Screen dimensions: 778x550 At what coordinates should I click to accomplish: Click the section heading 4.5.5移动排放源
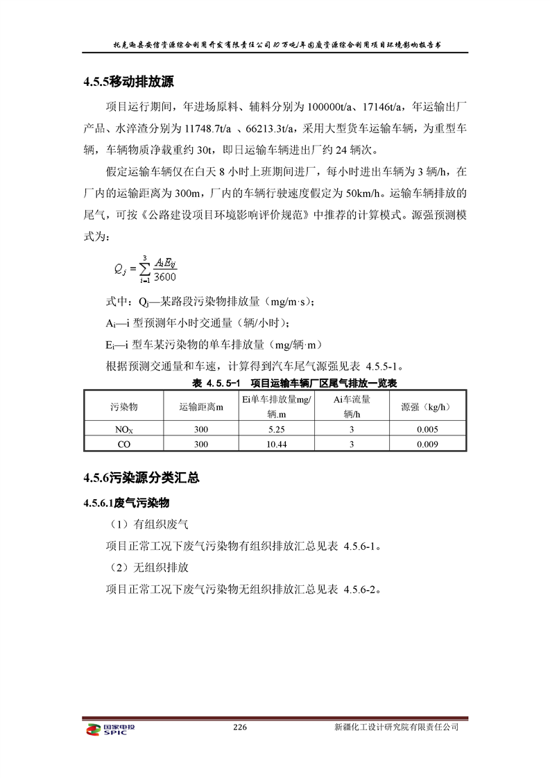click(128, 82)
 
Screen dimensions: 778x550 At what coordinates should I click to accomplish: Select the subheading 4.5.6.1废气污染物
click(127, 502)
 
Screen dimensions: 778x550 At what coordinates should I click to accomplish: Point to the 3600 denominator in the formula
click(165, 277)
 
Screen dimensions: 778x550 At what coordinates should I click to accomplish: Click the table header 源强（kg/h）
click(427, 406)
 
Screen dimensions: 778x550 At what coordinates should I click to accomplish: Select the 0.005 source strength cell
click(427, 429)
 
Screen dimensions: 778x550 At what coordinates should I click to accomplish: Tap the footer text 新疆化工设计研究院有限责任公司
click(396, 727)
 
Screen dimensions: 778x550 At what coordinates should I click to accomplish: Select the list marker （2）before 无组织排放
click(122, 567)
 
